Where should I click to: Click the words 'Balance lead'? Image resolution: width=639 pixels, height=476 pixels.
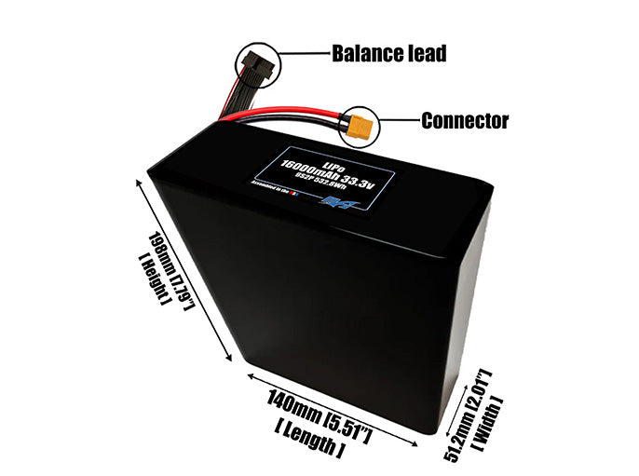[389, 53]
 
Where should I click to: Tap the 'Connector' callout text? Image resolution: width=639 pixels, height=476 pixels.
[465, 120]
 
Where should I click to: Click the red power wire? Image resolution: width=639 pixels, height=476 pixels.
[298, 115]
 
